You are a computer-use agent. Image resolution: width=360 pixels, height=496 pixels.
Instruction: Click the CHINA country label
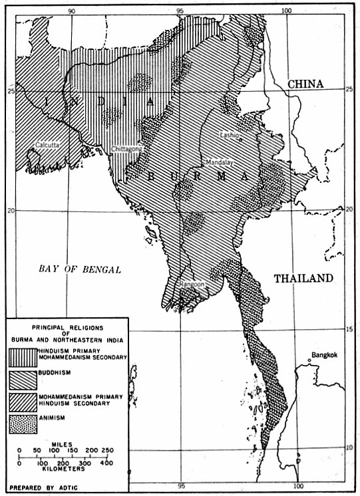coord(305,84)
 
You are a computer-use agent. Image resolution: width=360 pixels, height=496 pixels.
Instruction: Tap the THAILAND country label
coord(302,279)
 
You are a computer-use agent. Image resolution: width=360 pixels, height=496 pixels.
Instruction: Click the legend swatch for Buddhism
coord(30,380)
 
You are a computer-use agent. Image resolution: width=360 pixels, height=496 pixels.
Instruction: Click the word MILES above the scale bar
coord(69,441)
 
